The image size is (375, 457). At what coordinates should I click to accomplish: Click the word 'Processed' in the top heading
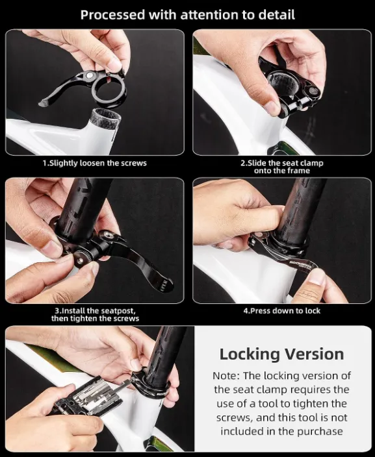112,15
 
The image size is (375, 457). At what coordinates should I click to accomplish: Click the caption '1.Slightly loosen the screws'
95,163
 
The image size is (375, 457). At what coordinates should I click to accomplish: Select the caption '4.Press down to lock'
282,311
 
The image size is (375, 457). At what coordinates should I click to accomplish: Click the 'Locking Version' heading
281,354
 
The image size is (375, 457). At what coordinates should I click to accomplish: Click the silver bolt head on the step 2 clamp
314,91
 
